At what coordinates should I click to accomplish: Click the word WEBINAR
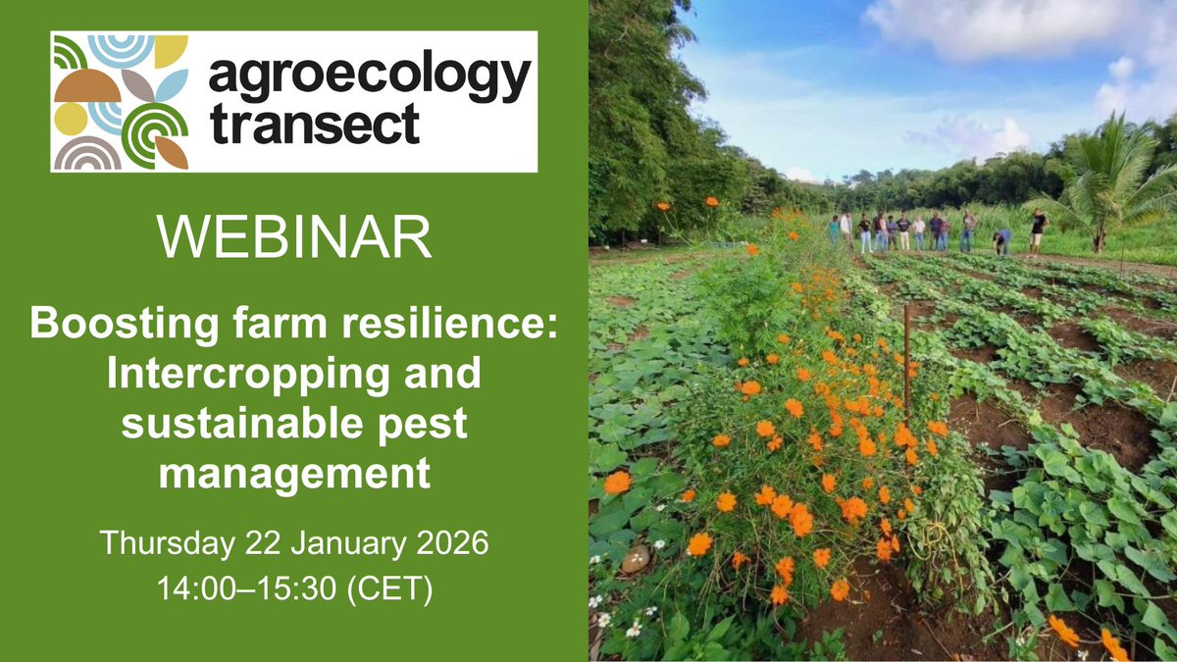tap(293, 237)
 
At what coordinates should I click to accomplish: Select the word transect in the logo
tap(314, 125)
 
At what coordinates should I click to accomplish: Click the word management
tap(293, 476)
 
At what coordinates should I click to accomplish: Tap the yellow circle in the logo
tap(70, 119)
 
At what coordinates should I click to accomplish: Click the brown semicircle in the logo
tap(86, 88)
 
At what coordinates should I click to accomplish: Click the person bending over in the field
tap(1001, 240)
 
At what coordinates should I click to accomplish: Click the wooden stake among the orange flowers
tap(907, 363)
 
